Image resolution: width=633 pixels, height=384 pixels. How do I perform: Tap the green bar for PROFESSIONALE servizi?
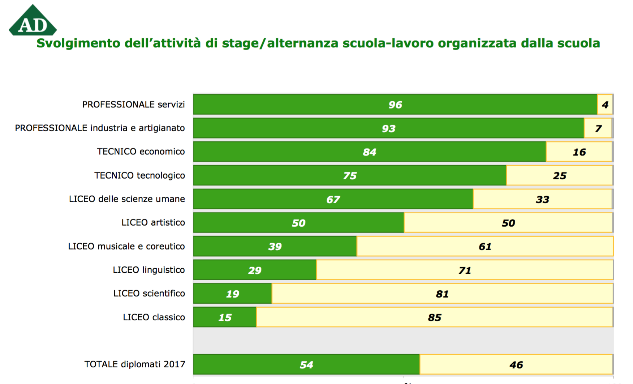[x=395, y=104]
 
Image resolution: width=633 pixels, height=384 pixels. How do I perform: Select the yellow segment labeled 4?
[x=605, y=104]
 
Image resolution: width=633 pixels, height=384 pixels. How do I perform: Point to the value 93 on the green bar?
[x=389, y=128]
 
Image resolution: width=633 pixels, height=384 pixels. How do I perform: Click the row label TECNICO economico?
[x=141, y=152]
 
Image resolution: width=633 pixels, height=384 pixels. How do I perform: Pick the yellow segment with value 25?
[x=559, y=175]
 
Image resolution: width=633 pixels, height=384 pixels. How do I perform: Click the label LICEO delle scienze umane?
[x=127, y=199]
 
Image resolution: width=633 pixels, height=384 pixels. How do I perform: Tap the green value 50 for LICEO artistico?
[x=298, y=223]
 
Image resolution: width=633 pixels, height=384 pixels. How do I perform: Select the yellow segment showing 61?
[x=485, y=246]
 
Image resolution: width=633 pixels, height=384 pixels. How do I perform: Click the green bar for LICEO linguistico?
[x=255, y=270]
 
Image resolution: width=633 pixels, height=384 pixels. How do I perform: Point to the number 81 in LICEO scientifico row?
[x=442, y=294]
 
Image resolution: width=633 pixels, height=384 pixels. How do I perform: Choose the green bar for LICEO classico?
[x=225, y=317]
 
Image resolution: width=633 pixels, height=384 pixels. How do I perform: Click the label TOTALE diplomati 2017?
[x=134, y=364]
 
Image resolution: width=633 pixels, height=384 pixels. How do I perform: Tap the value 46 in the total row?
[x=516, y=364]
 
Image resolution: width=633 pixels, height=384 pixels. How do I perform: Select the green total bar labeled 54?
[x=306, y=364]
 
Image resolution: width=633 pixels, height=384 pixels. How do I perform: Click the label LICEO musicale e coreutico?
[x=126, y=246]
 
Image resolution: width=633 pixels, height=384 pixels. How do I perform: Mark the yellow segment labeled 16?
[x=579, y=152]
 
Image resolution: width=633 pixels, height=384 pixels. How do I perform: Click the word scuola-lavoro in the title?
[x=388, y=43]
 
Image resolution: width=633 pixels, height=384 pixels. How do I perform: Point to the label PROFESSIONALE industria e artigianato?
[x=100, y=128]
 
